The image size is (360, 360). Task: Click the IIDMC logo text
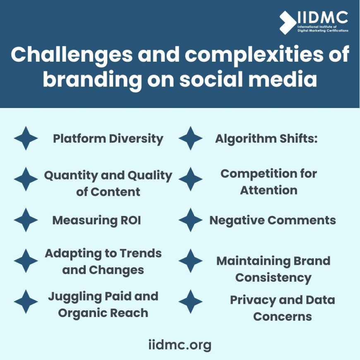323,18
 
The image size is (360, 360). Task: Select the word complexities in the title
252,55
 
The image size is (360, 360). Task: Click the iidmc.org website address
180,344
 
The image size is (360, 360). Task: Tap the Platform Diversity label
108,139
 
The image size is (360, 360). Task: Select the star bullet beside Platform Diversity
26,139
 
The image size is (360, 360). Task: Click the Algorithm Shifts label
266,139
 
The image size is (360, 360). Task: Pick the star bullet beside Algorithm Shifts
191,139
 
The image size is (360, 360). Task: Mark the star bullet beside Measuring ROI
26,220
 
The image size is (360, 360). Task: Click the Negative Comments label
272,221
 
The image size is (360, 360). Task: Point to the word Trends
140,253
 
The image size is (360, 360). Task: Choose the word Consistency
273,278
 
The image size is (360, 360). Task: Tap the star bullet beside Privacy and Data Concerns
191,302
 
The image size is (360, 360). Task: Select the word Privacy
253,300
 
